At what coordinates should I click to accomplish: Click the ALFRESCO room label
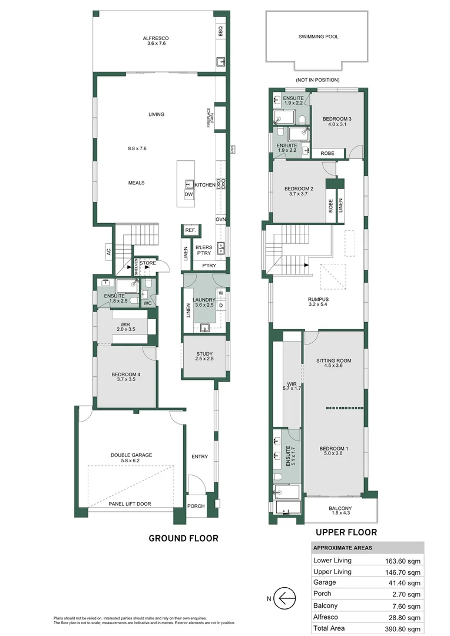click(x=156, y=39)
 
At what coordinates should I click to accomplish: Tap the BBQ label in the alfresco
click(x=221, y=31)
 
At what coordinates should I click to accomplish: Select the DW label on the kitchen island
click(x=188, y=194)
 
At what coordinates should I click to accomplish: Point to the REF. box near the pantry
click(x=190, y=230)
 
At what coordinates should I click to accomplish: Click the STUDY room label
click(x=204, y=354)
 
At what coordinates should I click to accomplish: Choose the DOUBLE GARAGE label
click(x=131, y=455)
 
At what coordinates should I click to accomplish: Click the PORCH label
click(x=196, y=506)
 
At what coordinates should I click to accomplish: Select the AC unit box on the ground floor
click(x=108, y=251)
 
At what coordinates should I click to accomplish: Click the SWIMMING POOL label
click(x=318, y=37)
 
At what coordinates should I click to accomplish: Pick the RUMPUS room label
click(x=318, y=299)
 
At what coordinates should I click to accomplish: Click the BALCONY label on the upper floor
click(x=340, y=509)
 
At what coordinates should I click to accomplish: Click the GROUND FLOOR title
click(x=183, y=538)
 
